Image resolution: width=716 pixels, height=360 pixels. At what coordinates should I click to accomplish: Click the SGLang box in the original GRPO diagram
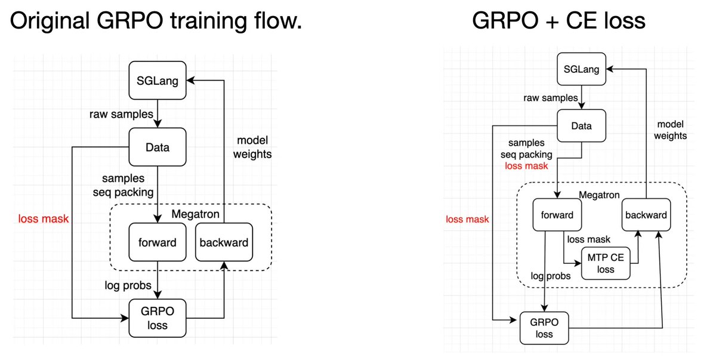coord(158,82)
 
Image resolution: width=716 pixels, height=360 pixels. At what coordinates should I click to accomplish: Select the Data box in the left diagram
coord(158,147)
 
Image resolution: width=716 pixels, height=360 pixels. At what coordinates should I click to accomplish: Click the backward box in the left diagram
coord(224,242)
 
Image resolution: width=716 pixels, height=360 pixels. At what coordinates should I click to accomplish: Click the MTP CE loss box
coord(606,263)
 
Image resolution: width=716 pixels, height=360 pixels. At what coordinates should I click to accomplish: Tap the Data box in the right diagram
coord(582,126)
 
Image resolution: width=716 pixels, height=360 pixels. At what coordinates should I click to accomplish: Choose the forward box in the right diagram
coord(557,215)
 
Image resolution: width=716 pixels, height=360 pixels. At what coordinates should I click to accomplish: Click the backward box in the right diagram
coord(646,215)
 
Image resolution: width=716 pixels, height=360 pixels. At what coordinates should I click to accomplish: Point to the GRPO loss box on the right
coord(544,328)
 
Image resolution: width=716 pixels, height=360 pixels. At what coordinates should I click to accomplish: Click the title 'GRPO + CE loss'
coord(558,21)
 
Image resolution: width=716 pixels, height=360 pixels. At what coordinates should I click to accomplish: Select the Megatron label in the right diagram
coord(600,195)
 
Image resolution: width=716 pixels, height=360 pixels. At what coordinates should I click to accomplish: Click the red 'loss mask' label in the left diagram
coord(42,219)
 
